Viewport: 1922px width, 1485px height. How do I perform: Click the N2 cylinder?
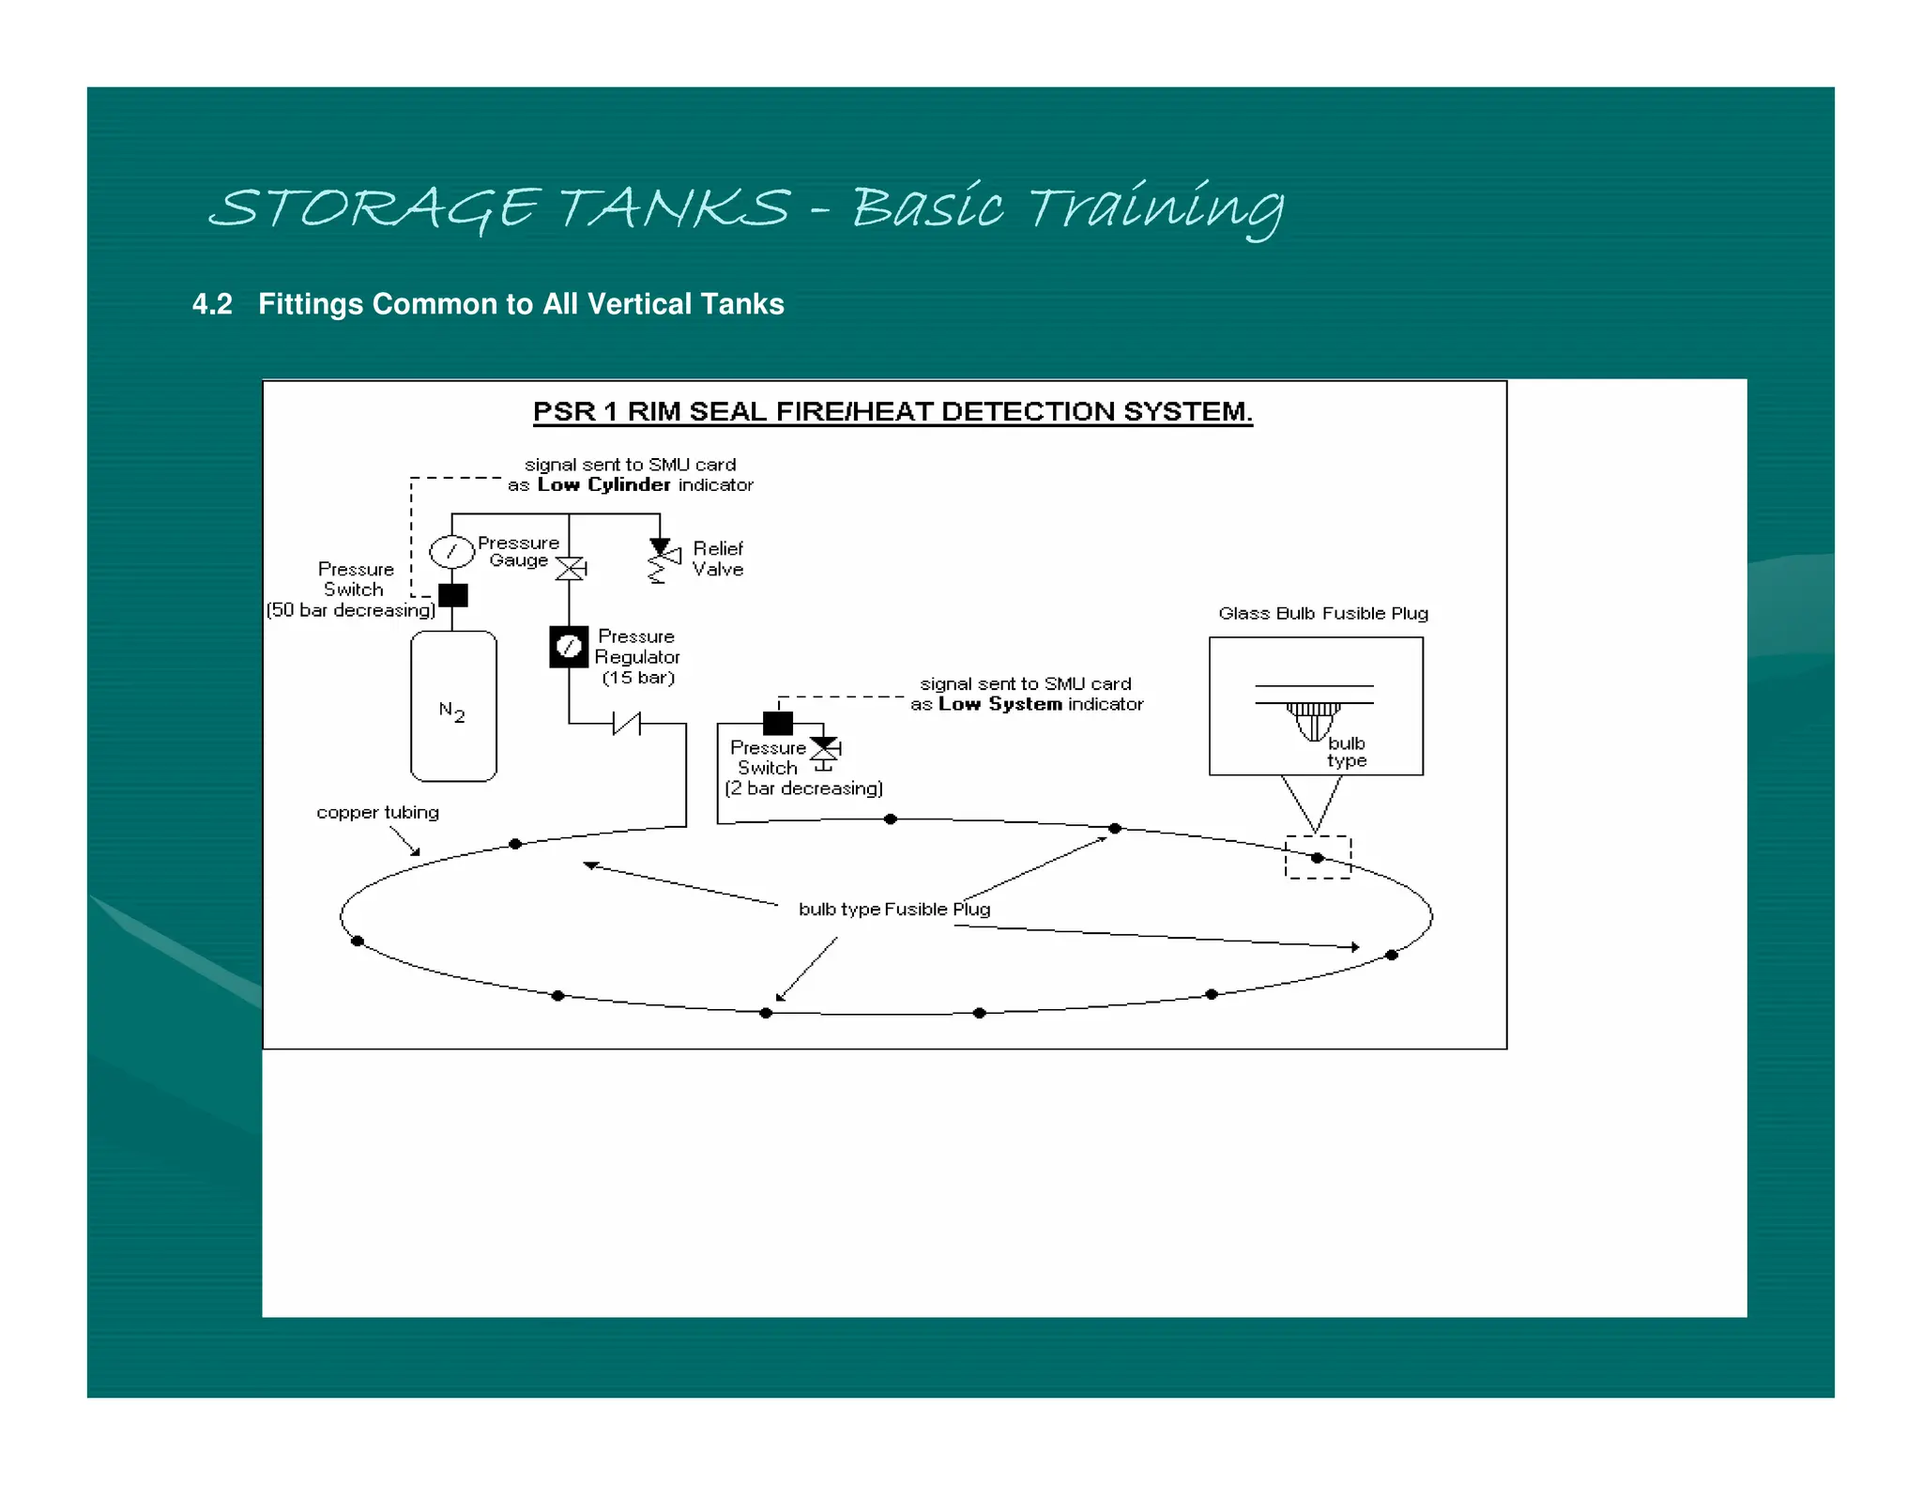click(453, 706)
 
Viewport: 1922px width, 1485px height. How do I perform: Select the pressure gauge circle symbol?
click(451, 551)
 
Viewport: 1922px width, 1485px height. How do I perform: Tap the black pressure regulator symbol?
click(569, 647)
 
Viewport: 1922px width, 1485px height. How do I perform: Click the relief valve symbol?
click(663, 559)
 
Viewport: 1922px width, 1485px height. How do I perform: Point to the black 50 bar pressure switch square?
click(453, 595)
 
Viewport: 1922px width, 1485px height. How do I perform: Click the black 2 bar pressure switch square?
click(778, 723)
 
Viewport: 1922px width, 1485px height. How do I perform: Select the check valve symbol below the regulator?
click(627, 723)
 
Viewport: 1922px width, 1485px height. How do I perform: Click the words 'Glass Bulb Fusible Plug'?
click(1323, 613)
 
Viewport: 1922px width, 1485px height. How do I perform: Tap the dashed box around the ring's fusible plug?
click(1318, 857)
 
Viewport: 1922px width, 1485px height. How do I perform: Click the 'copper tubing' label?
click(377, 812)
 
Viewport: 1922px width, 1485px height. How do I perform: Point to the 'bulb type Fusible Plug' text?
click(893, 909)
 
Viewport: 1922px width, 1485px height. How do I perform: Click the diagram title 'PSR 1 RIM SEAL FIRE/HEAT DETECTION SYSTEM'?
click(892, 411)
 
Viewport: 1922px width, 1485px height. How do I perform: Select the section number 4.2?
click(212, 304)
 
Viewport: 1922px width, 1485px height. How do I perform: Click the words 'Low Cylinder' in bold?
click(603, 484)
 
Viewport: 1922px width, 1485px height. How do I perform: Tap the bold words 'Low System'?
click(1000, 704)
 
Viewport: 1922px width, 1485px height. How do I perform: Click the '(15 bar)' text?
click(638, 678)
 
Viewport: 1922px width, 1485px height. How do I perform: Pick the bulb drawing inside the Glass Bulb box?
click(1314, 721)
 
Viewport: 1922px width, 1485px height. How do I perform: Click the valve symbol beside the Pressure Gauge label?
click(571, 568)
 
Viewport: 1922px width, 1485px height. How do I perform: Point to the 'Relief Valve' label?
click(718, 559)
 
